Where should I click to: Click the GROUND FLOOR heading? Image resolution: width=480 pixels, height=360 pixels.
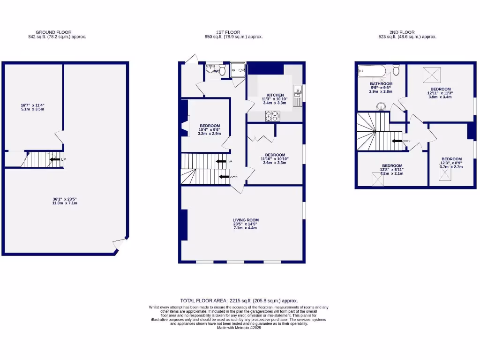[x=53, y=32]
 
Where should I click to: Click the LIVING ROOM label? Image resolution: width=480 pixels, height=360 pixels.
[x=246, y=220]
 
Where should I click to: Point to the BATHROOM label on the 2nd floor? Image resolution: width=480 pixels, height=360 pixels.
[x=381, y=84]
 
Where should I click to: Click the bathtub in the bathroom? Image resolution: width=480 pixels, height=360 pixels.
[x=371, y=72]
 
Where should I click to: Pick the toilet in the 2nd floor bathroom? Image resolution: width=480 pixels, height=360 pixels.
[x=396, y=71]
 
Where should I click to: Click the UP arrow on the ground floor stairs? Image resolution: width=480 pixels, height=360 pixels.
[x=55, y=159]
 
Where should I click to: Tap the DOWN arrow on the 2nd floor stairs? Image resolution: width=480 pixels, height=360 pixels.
[x=397, y=141]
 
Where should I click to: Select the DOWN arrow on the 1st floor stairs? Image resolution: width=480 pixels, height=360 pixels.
[x=225, y=177]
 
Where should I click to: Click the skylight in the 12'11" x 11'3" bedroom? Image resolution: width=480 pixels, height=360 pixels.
[x=432, y=74]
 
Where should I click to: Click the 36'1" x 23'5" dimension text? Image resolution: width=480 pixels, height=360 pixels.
[x=65, y=201]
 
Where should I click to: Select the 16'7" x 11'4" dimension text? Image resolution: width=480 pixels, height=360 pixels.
[x=32, y=107]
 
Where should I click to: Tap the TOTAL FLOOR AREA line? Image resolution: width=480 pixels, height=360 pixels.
[x=239, y=300]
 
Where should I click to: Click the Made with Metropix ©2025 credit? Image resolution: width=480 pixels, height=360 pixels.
[x=239, y=328]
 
